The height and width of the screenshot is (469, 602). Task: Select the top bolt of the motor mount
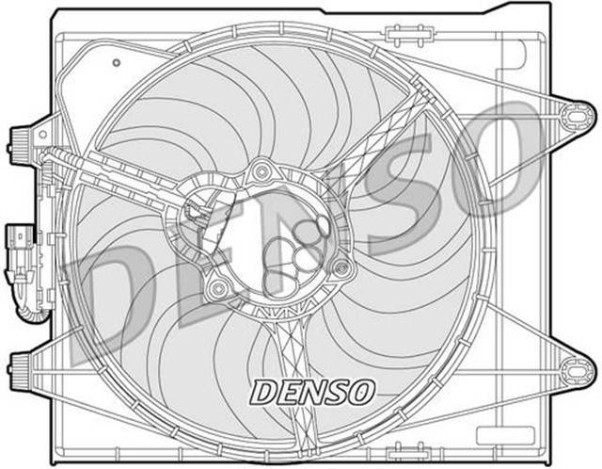[x=263, y=170]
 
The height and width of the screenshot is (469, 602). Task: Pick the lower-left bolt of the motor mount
[x=218, y=286]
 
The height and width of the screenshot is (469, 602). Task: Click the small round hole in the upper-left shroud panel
[x=116, y=63]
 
